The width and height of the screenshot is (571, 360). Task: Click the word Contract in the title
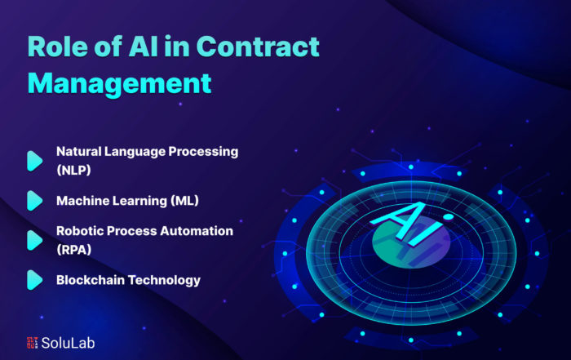click(258, 47)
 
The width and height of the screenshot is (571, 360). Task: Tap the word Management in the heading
click(120, 84)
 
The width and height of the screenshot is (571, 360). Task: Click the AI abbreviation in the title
click(143, 47)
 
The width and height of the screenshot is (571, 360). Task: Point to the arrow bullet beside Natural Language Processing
click(35, 161)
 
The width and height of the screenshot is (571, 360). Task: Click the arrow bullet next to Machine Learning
click(35, 200)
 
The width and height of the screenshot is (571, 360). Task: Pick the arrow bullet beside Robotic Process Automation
click(35, 240)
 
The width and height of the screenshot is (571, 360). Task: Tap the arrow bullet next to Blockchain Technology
click(35, 280)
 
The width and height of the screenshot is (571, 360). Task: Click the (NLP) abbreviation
click(73, 170)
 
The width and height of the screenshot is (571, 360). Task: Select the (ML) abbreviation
click(185, 200)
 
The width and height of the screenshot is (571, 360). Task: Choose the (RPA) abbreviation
click(74, 250)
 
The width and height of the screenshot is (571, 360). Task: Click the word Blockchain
click(91, 280)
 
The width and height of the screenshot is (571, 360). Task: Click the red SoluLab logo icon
click(32, 343)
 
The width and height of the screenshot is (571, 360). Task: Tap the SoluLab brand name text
click(68, 343)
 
